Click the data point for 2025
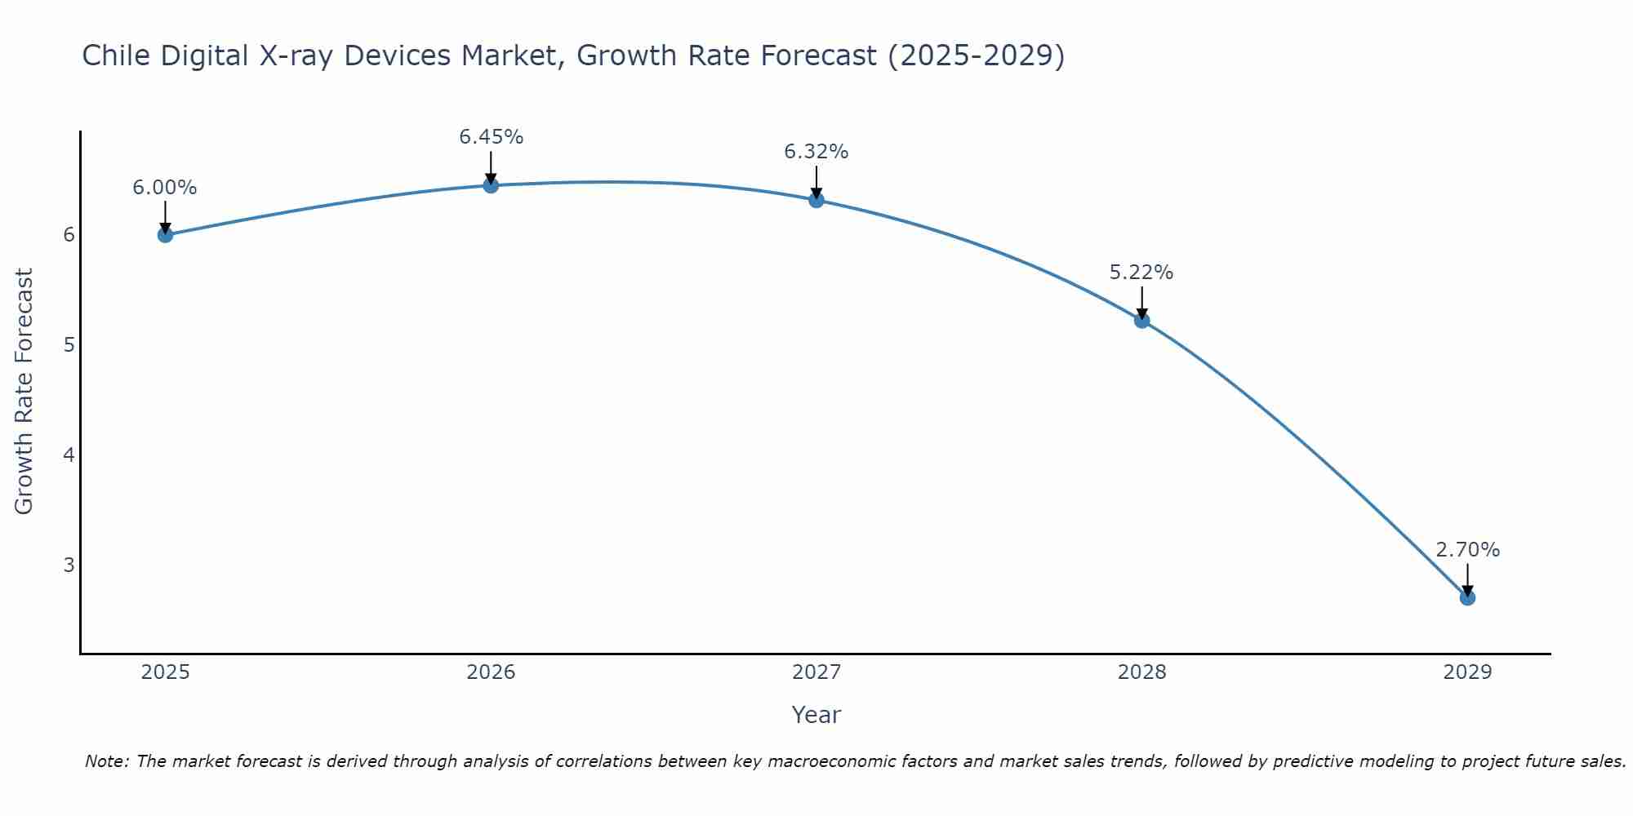(x=165, y=235)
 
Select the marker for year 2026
(x=491, y=185)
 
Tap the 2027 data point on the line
(x=816, y=200)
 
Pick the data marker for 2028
(x=1141, y=321)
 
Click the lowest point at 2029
(x=1467, y=597)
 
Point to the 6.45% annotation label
(x=491, y=137)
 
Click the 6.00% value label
(x=165, y=188)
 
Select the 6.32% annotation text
(x=816, y=152)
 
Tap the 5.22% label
(x=1141, y=273)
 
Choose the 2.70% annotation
(x=1467, y=550)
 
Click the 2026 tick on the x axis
(x=491, y=672)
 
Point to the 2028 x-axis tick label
(x=1141, y=672)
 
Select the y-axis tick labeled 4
(x=69, y=455)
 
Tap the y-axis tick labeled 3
(x=69, y=565)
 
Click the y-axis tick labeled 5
(x=69, y=344)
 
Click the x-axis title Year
(x=816, y=715)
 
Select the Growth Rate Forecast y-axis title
(x=24, y=392)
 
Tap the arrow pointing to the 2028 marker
(x=1141, y=302)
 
